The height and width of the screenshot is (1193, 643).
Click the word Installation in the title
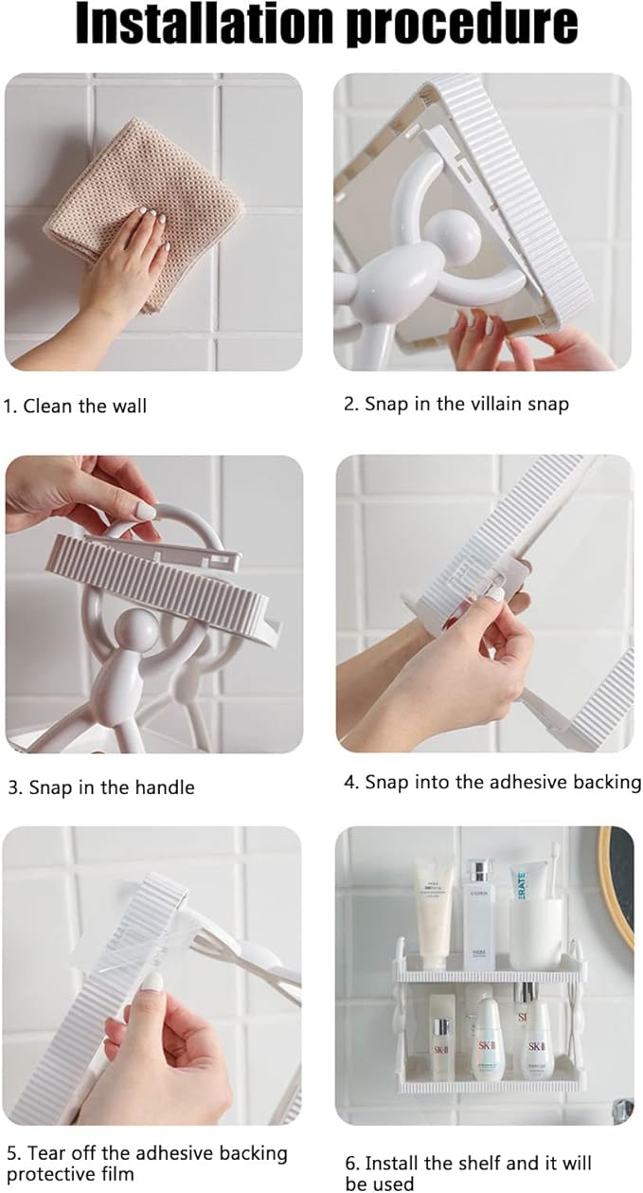click(x=205, y=24)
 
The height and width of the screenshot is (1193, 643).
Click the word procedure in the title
click(x=461, y=27)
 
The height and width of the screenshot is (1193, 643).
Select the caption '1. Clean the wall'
click(x=75, y=406)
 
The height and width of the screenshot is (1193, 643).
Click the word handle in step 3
click(x=165, y=787)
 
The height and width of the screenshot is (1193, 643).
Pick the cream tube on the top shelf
click(x=434, y=906)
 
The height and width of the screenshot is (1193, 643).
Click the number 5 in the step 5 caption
click(x=11, y=1153)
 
